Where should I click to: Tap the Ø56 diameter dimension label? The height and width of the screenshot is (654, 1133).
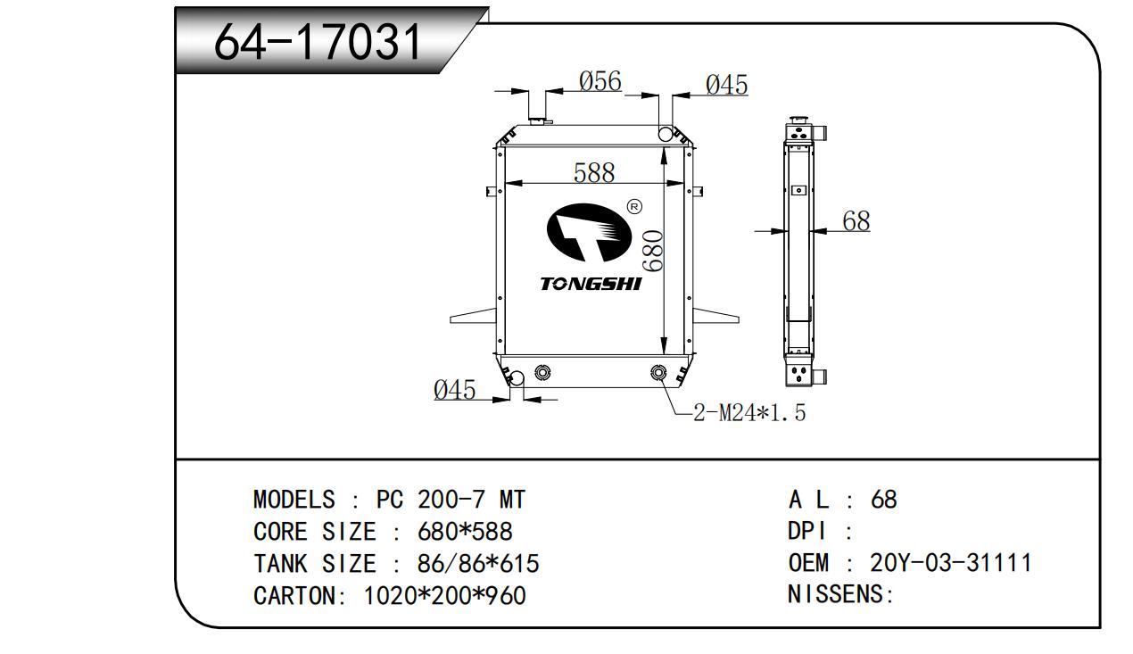click(x=600, y=82)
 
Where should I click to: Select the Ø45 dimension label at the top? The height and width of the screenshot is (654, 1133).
click(x=726, y=85)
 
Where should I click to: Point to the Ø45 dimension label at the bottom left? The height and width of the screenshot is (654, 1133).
click(x=454, y=390)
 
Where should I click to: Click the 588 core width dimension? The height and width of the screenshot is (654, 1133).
click(x=594, y=172)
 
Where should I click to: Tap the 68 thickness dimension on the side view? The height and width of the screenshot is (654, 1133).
click(x=856, y=220)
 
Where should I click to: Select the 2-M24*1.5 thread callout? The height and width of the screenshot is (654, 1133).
click(x=749, y=413)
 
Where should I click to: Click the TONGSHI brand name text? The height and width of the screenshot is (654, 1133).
click(x=591, y=285)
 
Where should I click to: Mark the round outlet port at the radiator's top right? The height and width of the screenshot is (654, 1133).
click(x=666, y=134)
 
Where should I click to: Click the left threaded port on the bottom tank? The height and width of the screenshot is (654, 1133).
click(x=542, y=373)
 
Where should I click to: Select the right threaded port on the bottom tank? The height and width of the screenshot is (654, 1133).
click(x=659, y=373)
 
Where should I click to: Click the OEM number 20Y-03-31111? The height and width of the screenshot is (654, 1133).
click(x=950, y=563)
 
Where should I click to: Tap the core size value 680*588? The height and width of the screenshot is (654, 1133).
click(x=465, y=532)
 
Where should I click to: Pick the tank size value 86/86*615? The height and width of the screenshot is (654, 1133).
click(x=478, y=564)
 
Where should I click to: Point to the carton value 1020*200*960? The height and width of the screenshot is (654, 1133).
click(x=445, y=595)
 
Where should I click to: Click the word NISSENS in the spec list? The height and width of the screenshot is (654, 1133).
click(x=837, y=593)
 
